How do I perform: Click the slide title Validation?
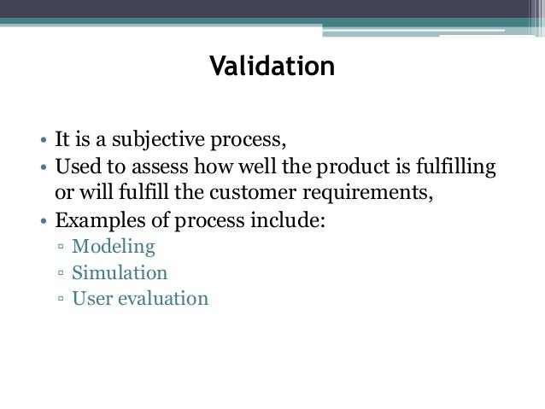(x=272, y=65)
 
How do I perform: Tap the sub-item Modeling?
(x=113, y=248)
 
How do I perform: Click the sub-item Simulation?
(x=120, y=274)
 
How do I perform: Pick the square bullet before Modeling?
(x=62, y=249)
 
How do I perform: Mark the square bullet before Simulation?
(x=62, y=275)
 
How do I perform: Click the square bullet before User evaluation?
(x=62, y=300)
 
